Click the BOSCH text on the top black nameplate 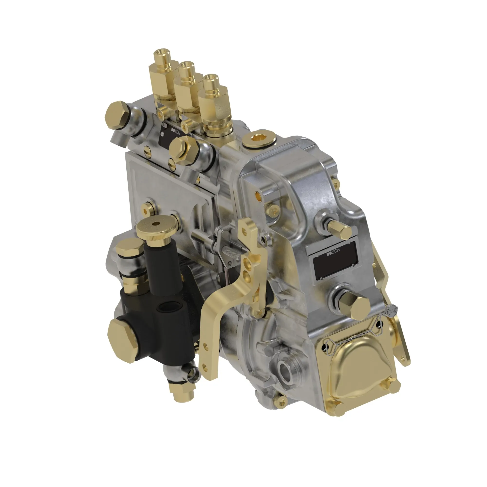pyautogui.click(x=176, y=131)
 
